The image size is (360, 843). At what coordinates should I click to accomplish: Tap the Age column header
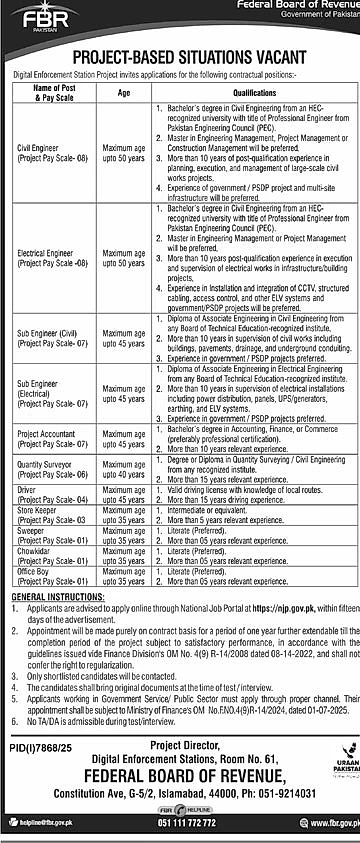click(x=124, y=90)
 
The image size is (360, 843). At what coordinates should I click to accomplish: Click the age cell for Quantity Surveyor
click(x=124, y=470)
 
